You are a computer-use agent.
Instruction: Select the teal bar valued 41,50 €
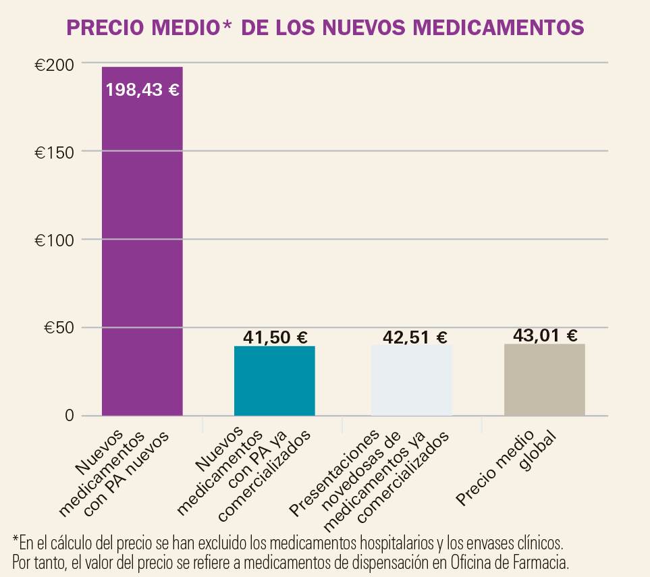click(x=274, y=381)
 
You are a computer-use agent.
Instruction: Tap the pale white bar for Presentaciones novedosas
click(x=411, y=381)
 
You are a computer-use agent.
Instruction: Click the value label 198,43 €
click(x=142, y=90)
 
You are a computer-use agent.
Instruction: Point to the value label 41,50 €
click(x=274, y=337)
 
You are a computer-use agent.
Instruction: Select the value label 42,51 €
click(x=414, y=337)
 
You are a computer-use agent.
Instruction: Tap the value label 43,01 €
click(x=545, y=335)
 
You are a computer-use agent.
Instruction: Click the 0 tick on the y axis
click(x=69, y=416)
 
